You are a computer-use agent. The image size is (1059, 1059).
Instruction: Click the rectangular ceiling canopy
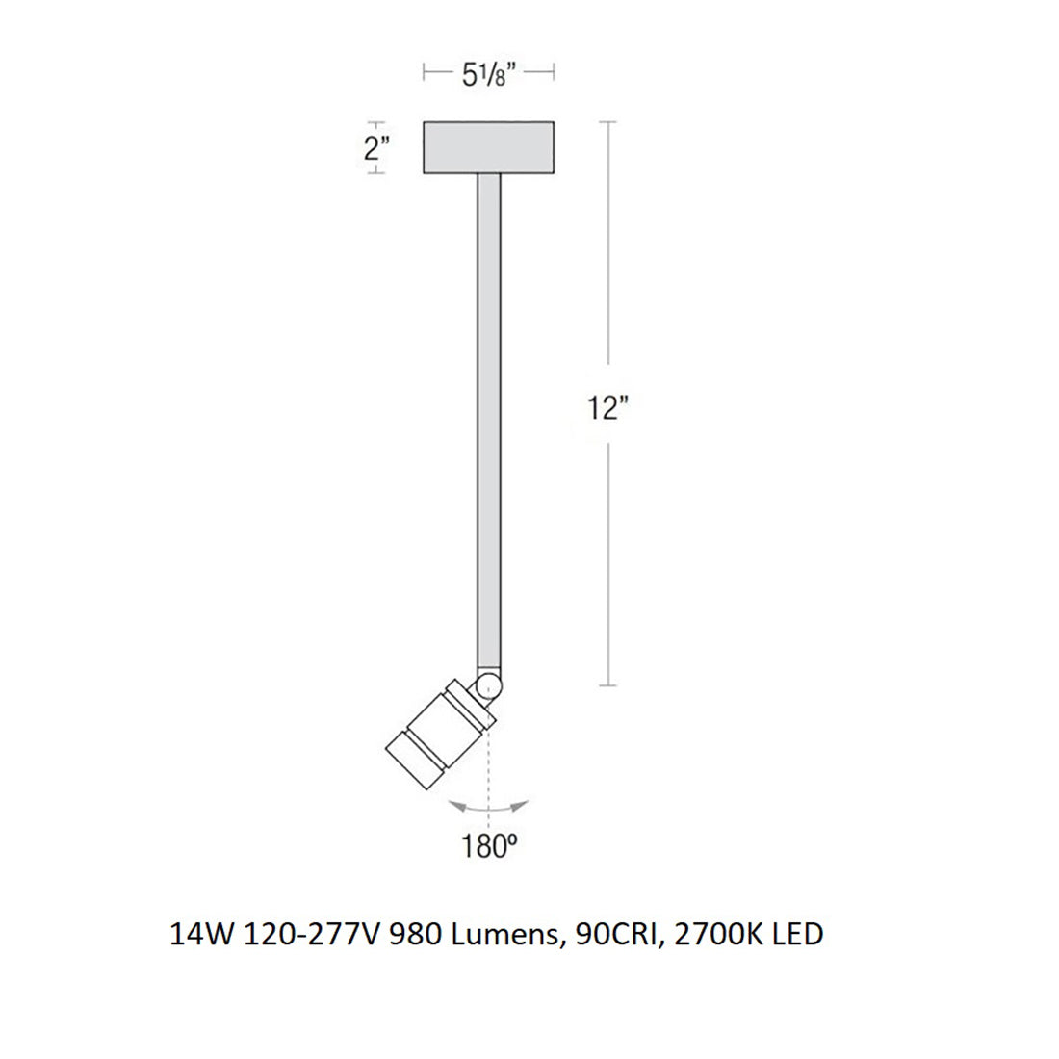coord(489,148)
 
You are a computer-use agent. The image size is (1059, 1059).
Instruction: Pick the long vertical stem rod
coord(489,414)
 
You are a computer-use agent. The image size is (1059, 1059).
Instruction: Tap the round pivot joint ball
coord(489,686)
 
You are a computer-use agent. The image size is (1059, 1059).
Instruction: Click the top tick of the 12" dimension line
coord(607,123)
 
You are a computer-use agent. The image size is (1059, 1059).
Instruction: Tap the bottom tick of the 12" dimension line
coord(607,685)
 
